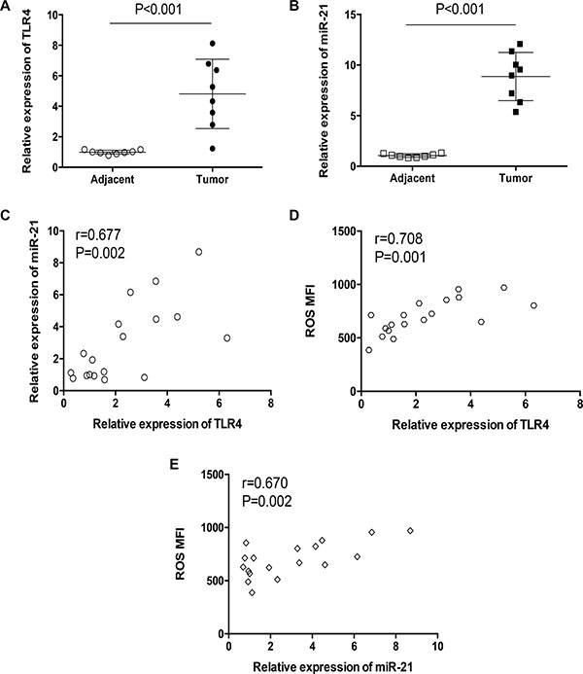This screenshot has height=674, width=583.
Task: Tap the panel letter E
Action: [x=174, y=464]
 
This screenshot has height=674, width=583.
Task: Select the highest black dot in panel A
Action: [x=212, y=44]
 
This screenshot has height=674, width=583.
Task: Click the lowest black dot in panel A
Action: [x=212, y=149]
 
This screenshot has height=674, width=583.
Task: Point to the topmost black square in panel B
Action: [x=520, y=44]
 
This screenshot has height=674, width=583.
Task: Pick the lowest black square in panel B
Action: [x=516, y=112]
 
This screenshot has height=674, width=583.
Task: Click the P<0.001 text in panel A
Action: [x=158, y=9]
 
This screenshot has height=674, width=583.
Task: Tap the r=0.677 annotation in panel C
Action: [x=98, y=235]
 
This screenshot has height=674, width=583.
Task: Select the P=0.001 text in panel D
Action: [x=400, y=257]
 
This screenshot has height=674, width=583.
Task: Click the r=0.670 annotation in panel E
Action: [x=264, y=483]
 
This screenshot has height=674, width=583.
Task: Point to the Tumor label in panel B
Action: [x=515, y=178]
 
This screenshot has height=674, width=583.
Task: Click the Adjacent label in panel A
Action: [x=113, y=179]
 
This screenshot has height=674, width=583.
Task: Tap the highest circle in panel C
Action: [x=199, y=252]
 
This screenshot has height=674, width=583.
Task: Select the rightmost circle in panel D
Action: [x=533, y=305]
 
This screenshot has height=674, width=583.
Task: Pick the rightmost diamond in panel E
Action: [x=410, y=531]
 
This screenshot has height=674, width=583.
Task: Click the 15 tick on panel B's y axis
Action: [x=351, y=15]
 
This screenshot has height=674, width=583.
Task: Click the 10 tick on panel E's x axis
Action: [x=437, y=646]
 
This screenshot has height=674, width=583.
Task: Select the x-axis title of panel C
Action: [x=167, y=424]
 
